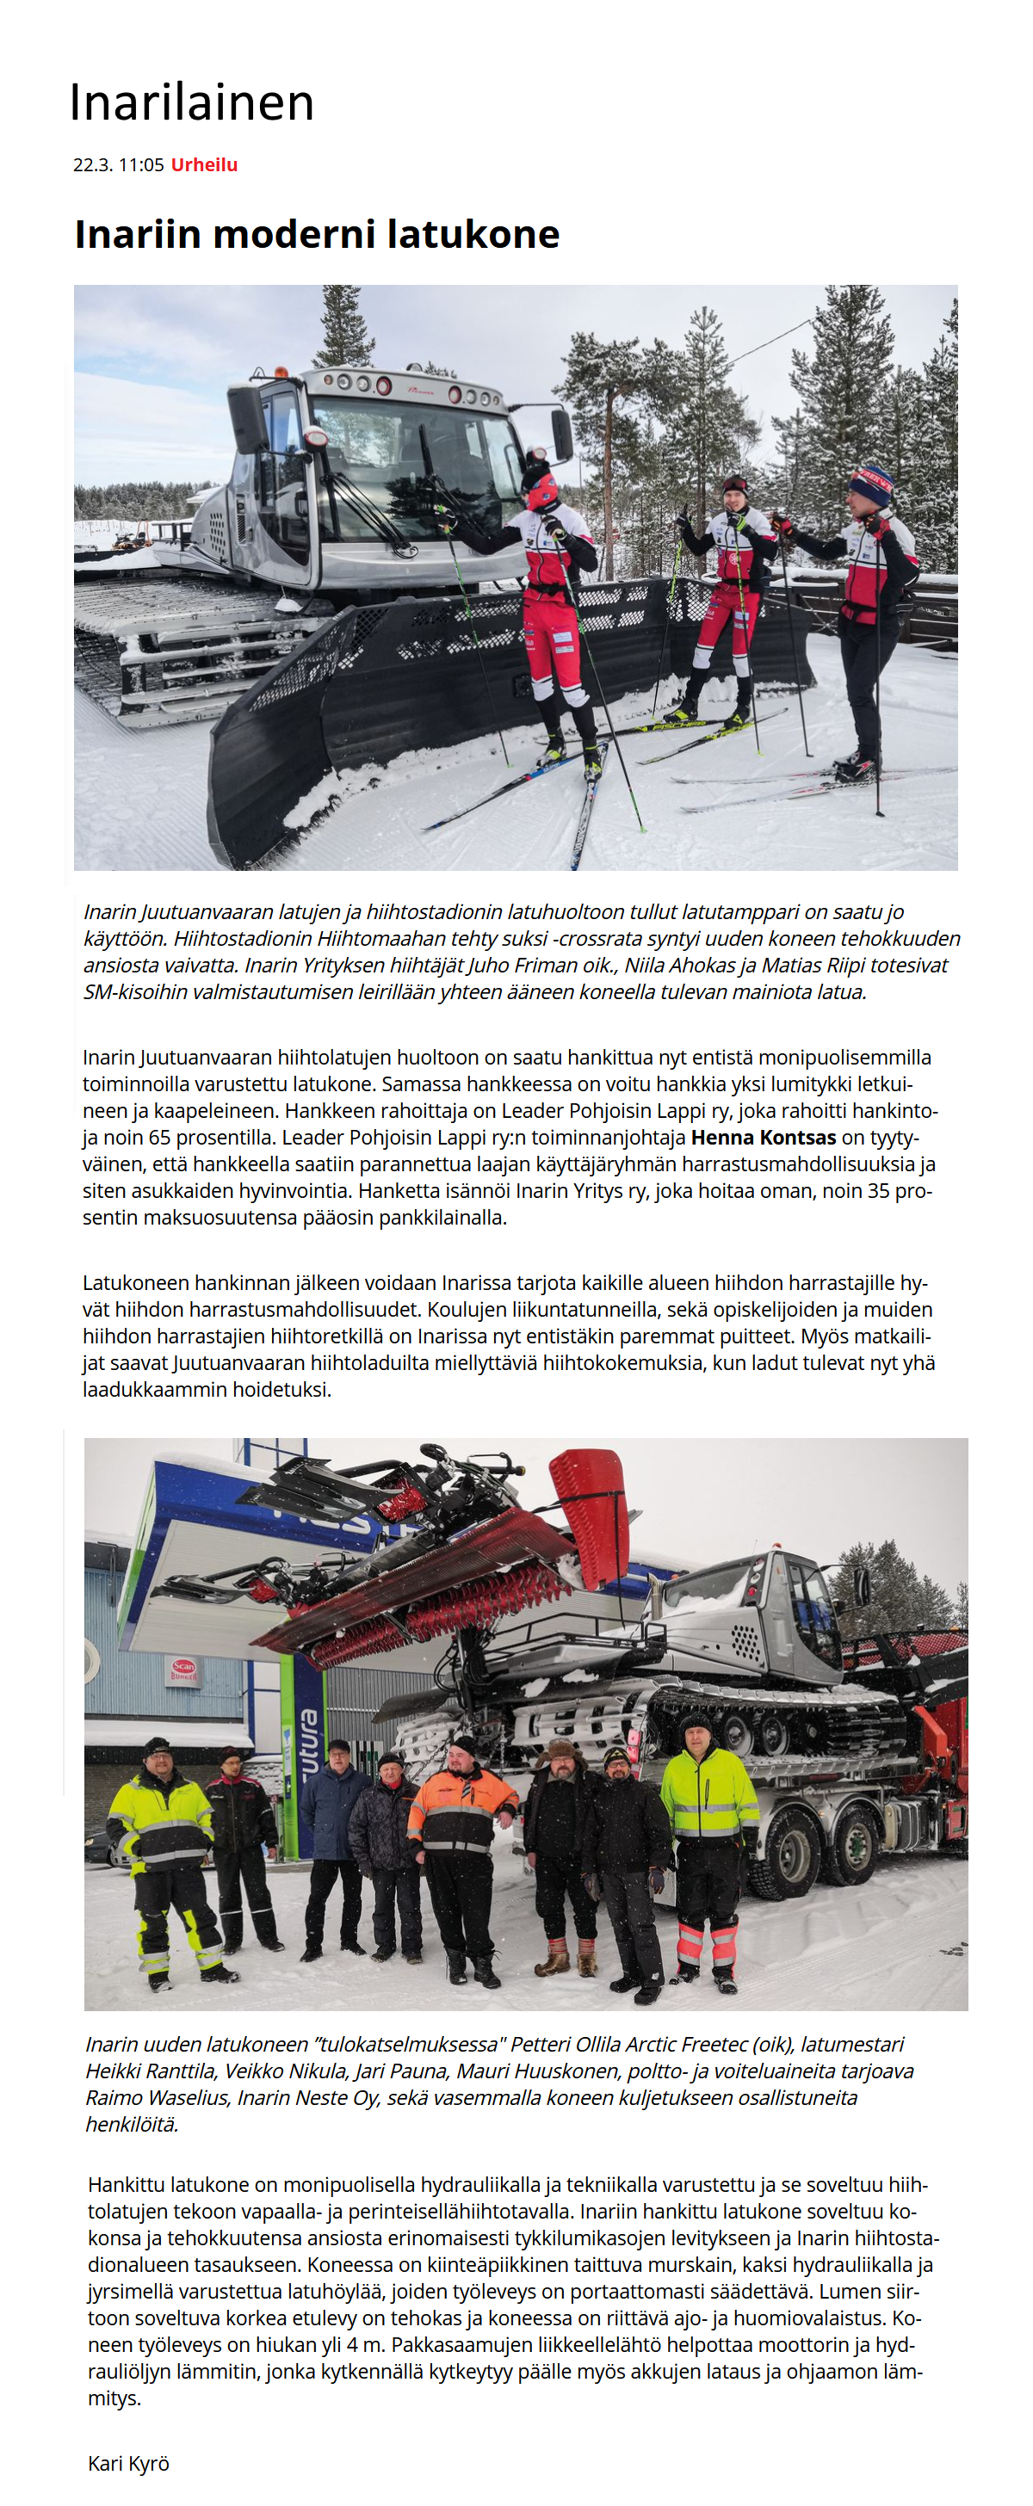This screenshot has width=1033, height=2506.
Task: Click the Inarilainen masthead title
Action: click(192, 102)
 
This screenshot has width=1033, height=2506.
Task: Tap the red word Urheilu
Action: click(204, 164)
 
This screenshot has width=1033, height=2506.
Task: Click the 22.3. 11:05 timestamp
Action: click(119, 164)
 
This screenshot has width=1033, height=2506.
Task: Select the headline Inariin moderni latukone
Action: click(317, 234)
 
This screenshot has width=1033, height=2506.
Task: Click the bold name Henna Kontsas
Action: click(764, 1137)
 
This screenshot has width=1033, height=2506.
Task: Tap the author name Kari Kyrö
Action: click(128, 2462)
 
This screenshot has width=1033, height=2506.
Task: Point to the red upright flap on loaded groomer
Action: click(591, 1513)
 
